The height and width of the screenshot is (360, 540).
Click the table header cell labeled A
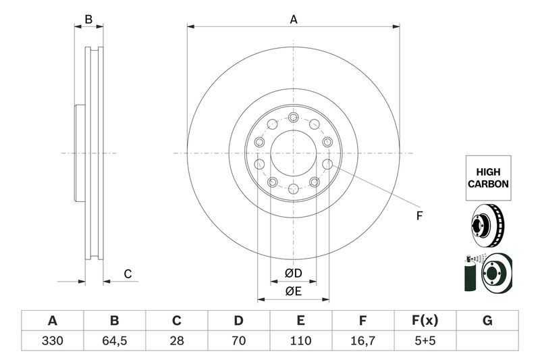(x=53, y=320)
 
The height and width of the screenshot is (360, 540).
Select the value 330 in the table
(x=53, y=340)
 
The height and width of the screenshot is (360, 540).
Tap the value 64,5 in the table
(x=115, y=340)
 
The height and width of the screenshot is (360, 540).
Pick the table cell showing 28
(x=177, y=340)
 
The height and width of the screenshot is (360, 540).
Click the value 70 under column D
(x=239, y=340)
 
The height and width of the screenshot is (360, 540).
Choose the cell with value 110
(x=301, y=340)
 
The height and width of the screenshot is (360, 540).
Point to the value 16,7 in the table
(x=363, y=340)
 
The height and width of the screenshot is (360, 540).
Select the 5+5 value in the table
(x=425, y=340)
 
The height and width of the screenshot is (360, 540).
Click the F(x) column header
(x=425, y=320)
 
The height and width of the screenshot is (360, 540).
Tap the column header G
(x=487, y=320)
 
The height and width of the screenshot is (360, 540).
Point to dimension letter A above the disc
(x=294, y=20)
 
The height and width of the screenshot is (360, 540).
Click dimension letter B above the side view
(x=88, y=20)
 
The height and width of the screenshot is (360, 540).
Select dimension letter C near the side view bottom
(x=127, y=274)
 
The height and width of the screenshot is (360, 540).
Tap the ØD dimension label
(x=293, y=273)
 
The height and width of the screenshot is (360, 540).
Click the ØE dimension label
(x=293, y=291)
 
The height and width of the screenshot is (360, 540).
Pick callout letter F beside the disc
(x=418, y=216)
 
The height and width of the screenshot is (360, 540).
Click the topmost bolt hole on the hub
(x=293, y=118)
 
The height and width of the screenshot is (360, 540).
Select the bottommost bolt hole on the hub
(x=293, y=188)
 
